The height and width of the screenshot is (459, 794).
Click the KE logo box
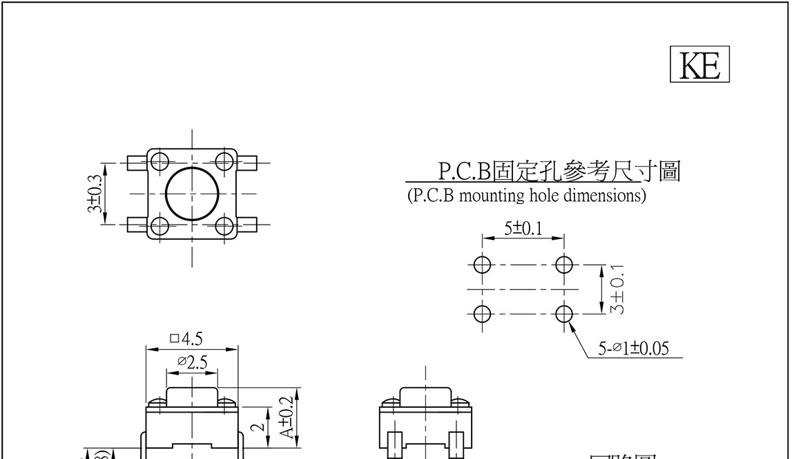pyautogui.click(x=699, y=65)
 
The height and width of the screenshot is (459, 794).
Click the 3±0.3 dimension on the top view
pyautogui.click(x=95, y=194)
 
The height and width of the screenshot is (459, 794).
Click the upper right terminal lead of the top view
pyautogui.click(x=248, y=162)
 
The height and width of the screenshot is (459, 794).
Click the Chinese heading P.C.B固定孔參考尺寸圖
pyautogui.click(x=559, y=171)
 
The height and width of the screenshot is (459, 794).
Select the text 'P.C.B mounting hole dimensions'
pyautogui.click(x=527, y=196)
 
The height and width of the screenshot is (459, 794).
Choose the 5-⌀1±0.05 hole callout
pyautogui.click(x=633, y=348)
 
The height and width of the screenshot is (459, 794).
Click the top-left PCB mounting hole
pyautogui.click(x=482, y=264)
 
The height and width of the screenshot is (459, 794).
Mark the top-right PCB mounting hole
pyautogui.click(x=564, y=264)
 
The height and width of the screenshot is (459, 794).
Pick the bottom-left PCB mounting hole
pyautogui.click(x=482, y=314)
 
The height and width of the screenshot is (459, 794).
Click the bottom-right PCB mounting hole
pyautogui.click(x=564, y=314)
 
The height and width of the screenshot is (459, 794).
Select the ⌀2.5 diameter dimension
pyautogui.click(x=191, y=362)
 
